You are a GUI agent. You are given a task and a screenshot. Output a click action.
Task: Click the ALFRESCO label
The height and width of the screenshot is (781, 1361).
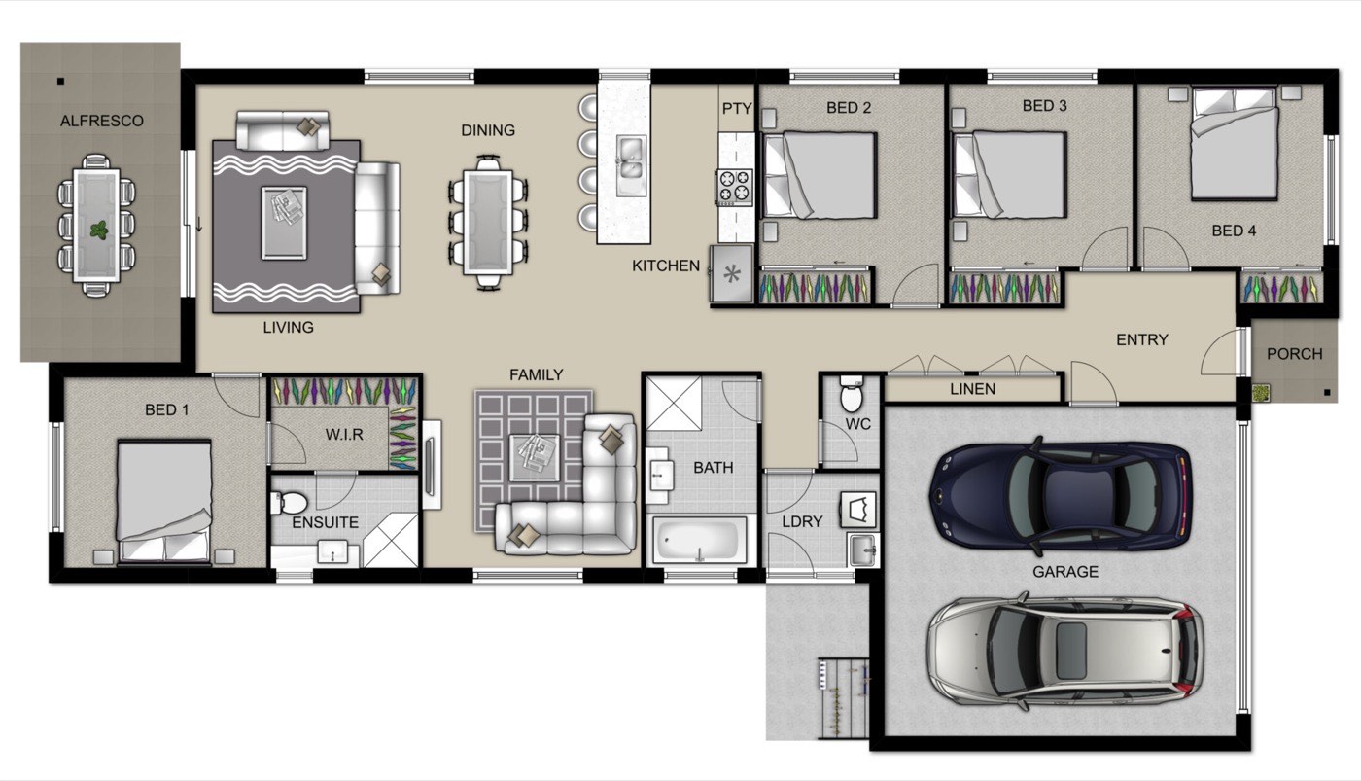(101, 121)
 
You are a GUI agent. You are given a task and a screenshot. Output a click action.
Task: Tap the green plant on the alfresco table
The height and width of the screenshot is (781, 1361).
(98, 231)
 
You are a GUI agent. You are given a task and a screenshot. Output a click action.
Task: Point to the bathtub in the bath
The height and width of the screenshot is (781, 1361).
(699, 539)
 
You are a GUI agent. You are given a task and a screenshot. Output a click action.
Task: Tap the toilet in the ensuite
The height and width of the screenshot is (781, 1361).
(290, 503)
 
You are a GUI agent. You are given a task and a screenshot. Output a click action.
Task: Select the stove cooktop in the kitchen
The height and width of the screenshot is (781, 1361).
(735, 187)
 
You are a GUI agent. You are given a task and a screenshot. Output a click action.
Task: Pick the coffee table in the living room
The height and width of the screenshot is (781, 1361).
(284, 223)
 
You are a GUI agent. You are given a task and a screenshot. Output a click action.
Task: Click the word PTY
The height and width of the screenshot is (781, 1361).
(737, 109)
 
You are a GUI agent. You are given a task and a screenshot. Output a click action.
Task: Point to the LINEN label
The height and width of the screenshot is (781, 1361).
(973, 389)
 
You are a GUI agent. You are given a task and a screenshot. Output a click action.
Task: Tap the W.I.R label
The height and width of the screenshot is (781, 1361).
(344, 435)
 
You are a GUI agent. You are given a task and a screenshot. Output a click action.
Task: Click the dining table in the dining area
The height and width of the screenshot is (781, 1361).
(488, 223)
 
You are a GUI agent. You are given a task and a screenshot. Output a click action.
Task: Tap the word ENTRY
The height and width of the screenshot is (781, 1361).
(1142, 339)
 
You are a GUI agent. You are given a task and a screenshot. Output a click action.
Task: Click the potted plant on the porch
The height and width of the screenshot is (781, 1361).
(1262, 393)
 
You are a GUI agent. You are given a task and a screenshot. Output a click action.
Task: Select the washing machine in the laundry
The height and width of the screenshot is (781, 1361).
(858, 510)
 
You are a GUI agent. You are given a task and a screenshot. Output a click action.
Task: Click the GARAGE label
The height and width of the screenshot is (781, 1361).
(1065, 572)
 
